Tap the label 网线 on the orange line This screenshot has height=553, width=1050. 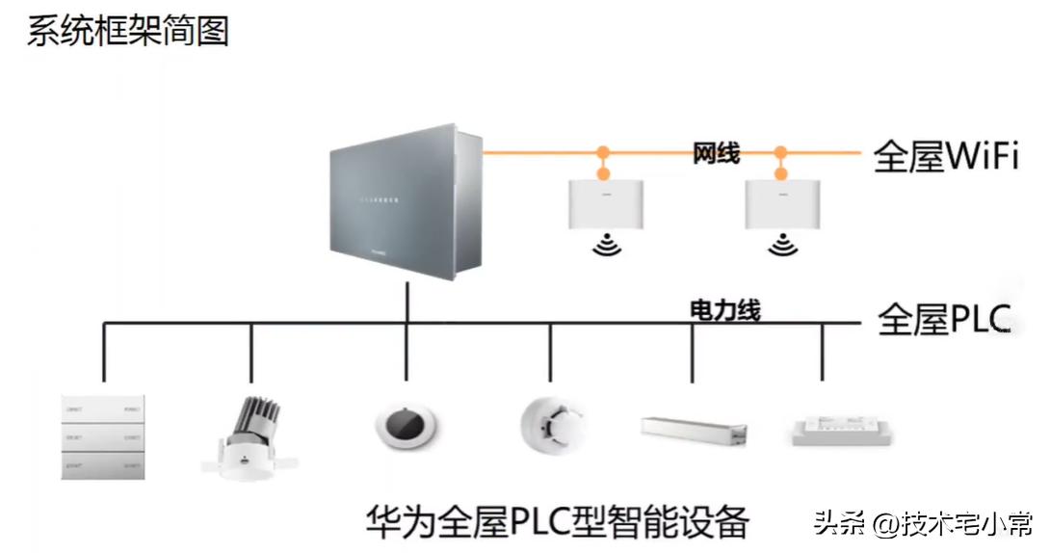pyautogui.click(x=716, y=153)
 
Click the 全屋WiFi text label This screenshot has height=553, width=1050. pyautogui.click(x=946, y=156)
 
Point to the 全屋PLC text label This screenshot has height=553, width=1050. pyautogui.click(x=944, y=320)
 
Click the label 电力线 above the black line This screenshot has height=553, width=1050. pyautogui.click(x=725, y=310)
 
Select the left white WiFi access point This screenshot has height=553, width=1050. pyautogui.click(x=605, y=204)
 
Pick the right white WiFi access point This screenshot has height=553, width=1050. pyautogui.click(x=781, y=204)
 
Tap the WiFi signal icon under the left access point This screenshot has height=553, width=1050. pyautogui.click(x=605, y=246)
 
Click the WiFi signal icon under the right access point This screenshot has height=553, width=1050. pyautogui.click(x=781, y=246)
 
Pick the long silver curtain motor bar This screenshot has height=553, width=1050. pyautogui.click(x=694, y=430)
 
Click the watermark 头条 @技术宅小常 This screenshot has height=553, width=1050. pyautogui.click(x=922, y=524)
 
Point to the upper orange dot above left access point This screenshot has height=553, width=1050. pyautogui.click(x=604, y=152)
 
